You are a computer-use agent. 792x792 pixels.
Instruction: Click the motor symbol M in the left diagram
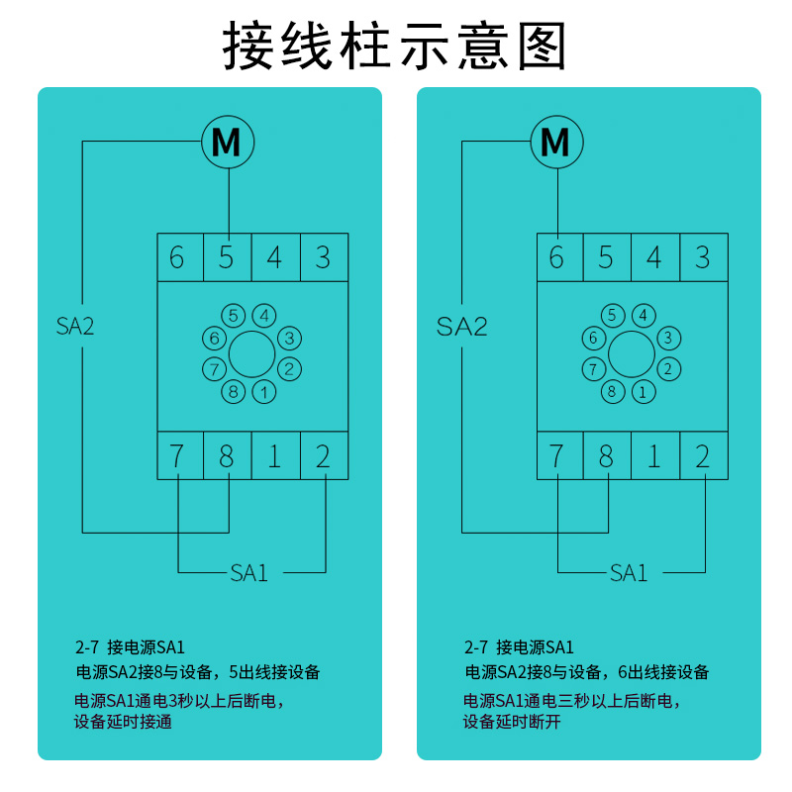point(227,143)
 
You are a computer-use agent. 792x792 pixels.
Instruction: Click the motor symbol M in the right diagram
point(556,143)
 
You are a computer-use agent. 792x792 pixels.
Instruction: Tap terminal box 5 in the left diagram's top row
point(227,258)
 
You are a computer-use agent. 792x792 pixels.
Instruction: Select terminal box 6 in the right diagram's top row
point(556,258)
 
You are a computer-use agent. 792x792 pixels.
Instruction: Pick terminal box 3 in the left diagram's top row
point(323,258)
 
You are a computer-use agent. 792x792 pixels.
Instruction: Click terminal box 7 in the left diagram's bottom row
point(177,456)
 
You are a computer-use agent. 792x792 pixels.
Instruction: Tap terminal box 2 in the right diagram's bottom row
point(703,456)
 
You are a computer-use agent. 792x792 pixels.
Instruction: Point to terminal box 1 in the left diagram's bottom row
point(274,456)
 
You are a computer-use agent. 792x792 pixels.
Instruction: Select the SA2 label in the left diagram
point(75,326)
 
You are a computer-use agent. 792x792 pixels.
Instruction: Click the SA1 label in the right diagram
point(629,572)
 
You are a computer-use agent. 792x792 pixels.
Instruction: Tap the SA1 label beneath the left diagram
point(249,572)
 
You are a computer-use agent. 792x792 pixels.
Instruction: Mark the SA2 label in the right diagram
point(462,326)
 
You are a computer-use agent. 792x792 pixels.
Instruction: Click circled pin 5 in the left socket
point(233,316)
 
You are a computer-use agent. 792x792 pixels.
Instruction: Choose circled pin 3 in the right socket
point(668,339)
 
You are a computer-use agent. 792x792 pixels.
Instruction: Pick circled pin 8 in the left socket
point(233,391)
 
